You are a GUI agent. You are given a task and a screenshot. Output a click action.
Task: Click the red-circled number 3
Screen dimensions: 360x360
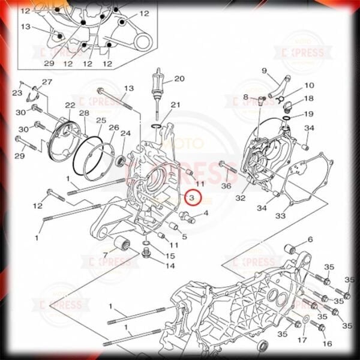pos(192,197)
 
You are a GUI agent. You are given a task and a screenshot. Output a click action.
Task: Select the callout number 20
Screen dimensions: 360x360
pos(179,79)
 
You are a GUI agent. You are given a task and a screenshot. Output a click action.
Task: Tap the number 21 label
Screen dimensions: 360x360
pos(175,105)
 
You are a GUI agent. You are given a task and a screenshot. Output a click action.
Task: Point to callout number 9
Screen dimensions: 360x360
pos(263,71)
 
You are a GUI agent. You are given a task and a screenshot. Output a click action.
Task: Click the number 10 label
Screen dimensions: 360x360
pos(309,86)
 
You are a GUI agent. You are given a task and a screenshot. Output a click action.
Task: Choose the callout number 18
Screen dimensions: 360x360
pos(308,99)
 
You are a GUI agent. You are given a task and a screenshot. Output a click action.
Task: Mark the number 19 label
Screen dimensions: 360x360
pos(308,114)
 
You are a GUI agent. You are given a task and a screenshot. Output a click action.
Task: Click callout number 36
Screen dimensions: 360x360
pos(226,186)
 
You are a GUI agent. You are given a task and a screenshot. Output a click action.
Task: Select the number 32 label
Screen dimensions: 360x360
pos(241,198)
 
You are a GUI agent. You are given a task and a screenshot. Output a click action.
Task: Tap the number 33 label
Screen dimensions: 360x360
pos(280,215)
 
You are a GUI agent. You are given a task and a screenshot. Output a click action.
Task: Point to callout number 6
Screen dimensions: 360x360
pos(310,239)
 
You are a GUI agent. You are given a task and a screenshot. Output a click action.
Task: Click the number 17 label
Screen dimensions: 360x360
pos(302,340)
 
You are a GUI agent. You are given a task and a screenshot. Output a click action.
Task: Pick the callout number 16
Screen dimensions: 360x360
pos(327,344)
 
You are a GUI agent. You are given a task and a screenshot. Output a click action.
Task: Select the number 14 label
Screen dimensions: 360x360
pos(170,265)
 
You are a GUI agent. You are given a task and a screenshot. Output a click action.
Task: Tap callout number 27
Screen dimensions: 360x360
pos(47,82)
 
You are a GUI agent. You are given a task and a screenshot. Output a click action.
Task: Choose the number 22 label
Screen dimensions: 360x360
pos(70,106)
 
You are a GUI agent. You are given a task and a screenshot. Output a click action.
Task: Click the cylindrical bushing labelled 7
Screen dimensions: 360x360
pos(123,245)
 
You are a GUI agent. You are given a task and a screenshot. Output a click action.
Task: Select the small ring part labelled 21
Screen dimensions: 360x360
pos(157,127)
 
